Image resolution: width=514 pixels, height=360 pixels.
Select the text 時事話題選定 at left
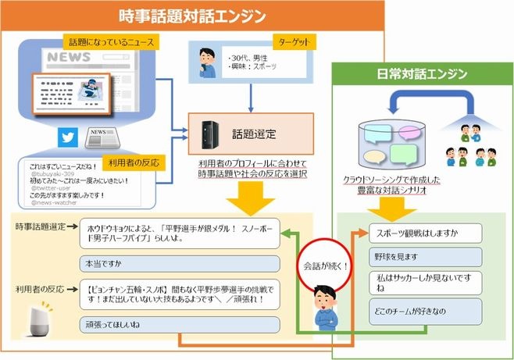[41, 226]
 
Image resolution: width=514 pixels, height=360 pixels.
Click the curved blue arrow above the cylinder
[433, 102]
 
